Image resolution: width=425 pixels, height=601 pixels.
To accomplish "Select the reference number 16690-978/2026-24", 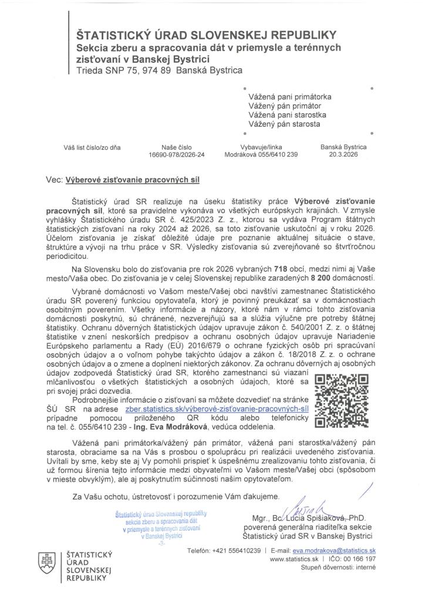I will [177, 156].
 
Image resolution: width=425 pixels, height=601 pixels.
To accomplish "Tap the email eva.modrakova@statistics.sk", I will [334, 552].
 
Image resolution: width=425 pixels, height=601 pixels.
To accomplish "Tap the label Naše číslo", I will [177, 148].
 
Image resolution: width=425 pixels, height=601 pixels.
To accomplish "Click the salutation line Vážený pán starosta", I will [284, 124].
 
